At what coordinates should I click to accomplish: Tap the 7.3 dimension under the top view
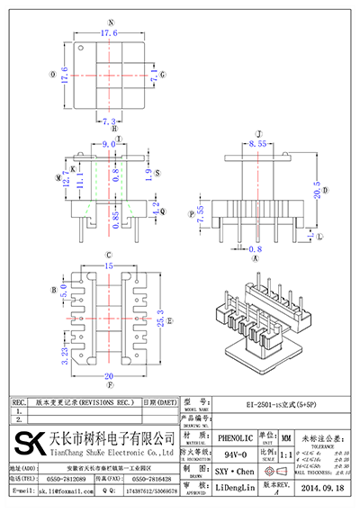click(x=109, y=121)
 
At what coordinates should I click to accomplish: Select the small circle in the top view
click(x=80, y=48)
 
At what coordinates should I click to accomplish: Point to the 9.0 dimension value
click(x=108, y=143)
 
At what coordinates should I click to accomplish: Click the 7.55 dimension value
click(x=202, y=214)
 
